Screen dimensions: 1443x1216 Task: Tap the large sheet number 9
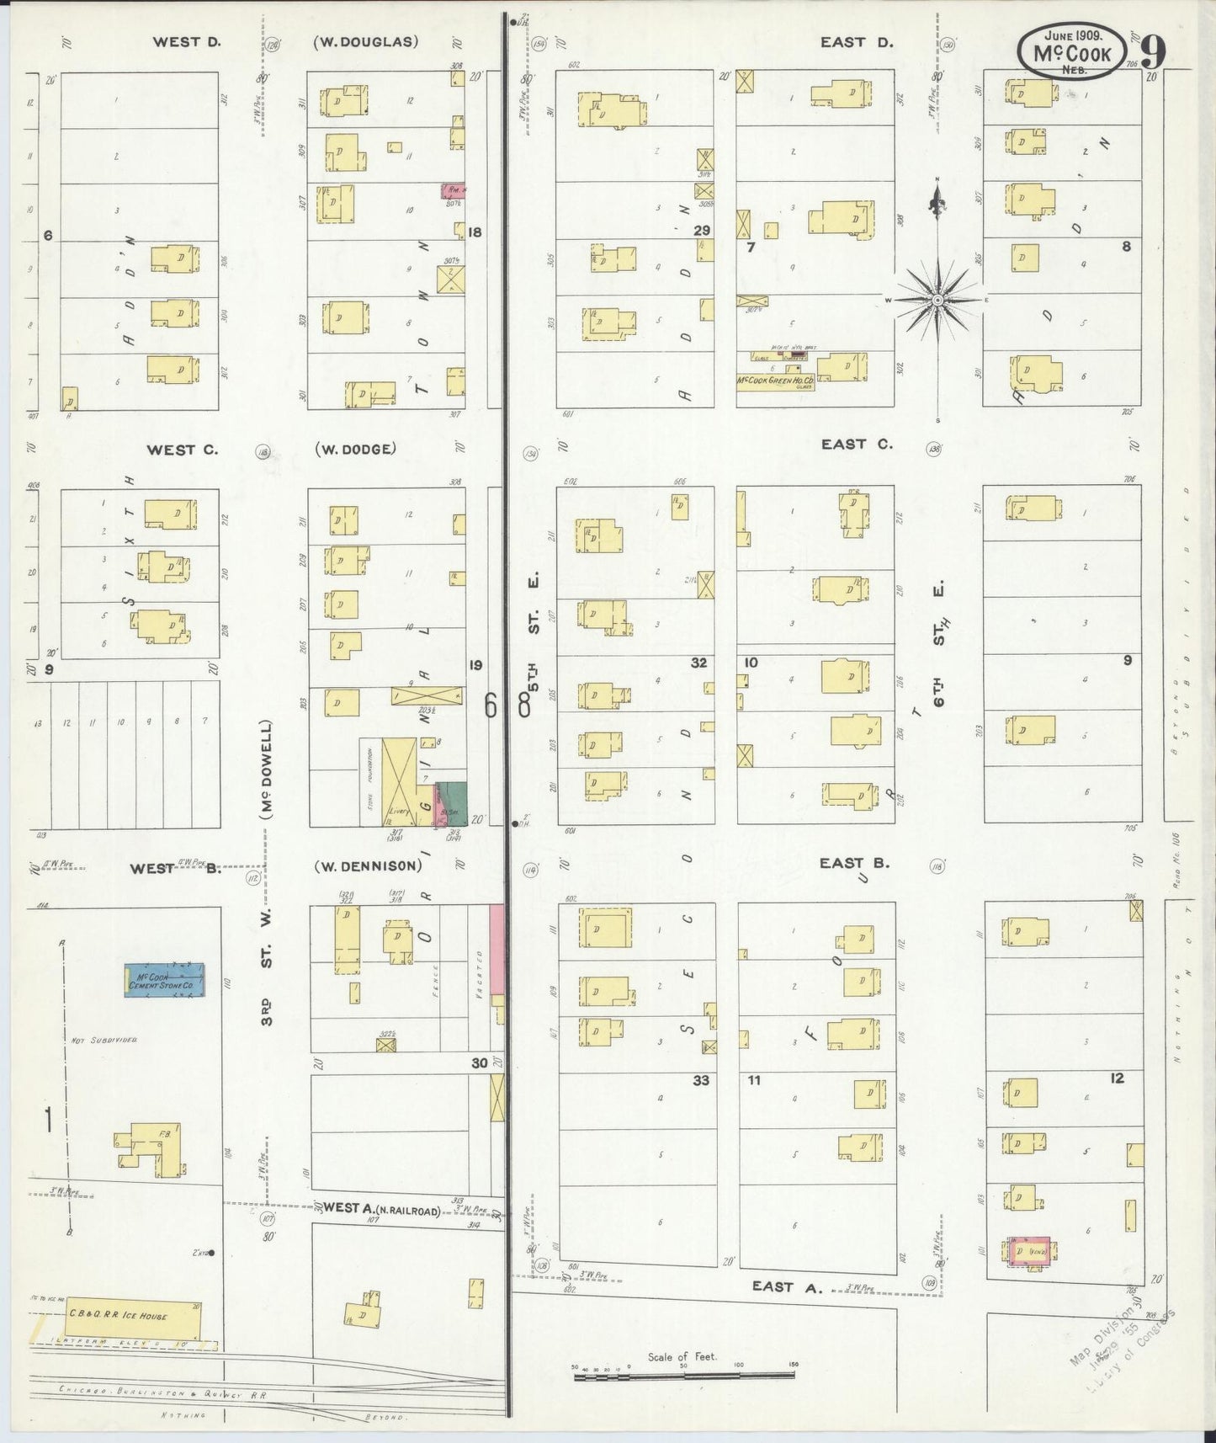pos(1154,53)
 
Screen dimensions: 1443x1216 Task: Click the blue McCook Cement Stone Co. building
pos(165,980)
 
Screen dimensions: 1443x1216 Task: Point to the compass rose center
pos(937,300)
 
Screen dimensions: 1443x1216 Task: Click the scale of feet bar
pos(683,1375)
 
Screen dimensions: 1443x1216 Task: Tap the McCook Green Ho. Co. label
pos(775,381)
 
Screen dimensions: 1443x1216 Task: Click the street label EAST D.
pos(857,41)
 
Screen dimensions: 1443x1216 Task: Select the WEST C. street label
pos(182,450)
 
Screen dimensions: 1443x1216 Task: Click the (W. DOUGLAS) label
pos(365,40)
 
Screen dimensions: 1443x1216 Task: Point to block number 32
pos(698,663)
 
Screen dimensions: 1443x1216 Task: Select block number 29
pos(702,231)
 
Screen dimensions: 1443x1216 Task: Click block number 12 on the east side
pos(1116,1078)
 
